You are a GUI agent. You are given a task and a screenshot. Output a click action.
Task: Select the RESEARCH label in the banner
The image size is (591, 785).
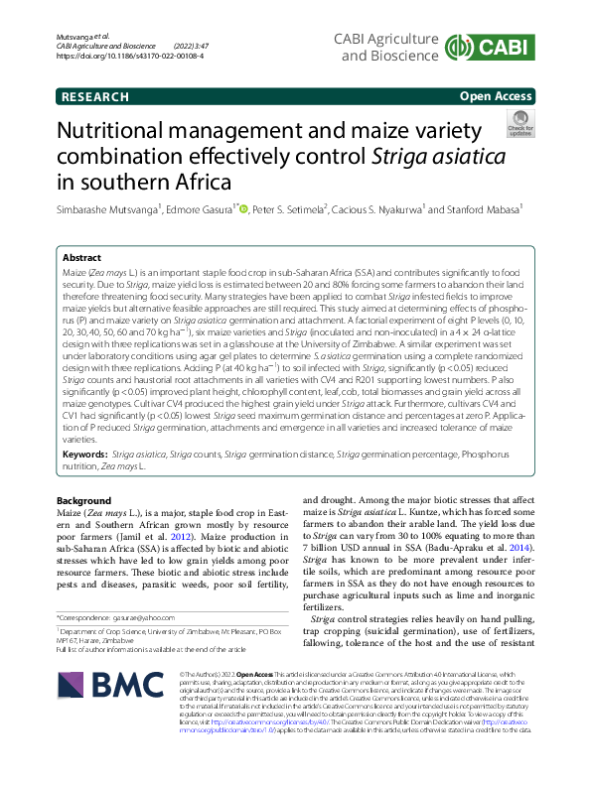click(91, 96)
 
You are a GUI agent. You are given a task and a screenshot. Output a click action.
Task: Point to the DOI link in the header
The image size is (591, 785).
click(130, 58)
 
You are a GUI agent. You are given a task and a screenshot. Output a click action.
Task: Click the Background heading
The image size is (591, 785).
click(84, 500)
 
